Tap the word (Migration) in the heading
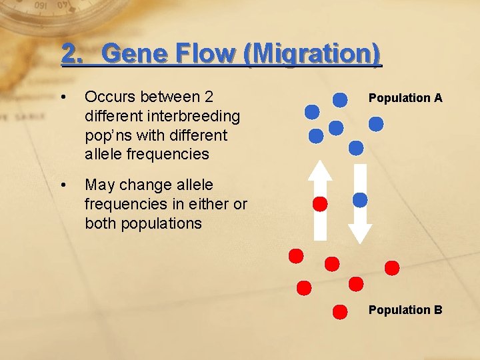(x=313, y=54)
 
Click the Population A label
(x=405, y=98)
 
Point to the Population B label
(x=405, y=310)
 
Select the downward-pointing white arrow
(x=360, y=203)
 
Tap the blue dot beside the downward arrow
(x=360, y=199)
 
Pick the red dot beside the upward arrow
(x=321, y=204)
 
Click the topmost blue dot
(x=340, y=100)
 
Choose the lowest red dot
(x=340, y=311)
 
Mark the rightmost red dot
(x=392, y=268)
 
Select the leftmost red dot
(x=295, y=256)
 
